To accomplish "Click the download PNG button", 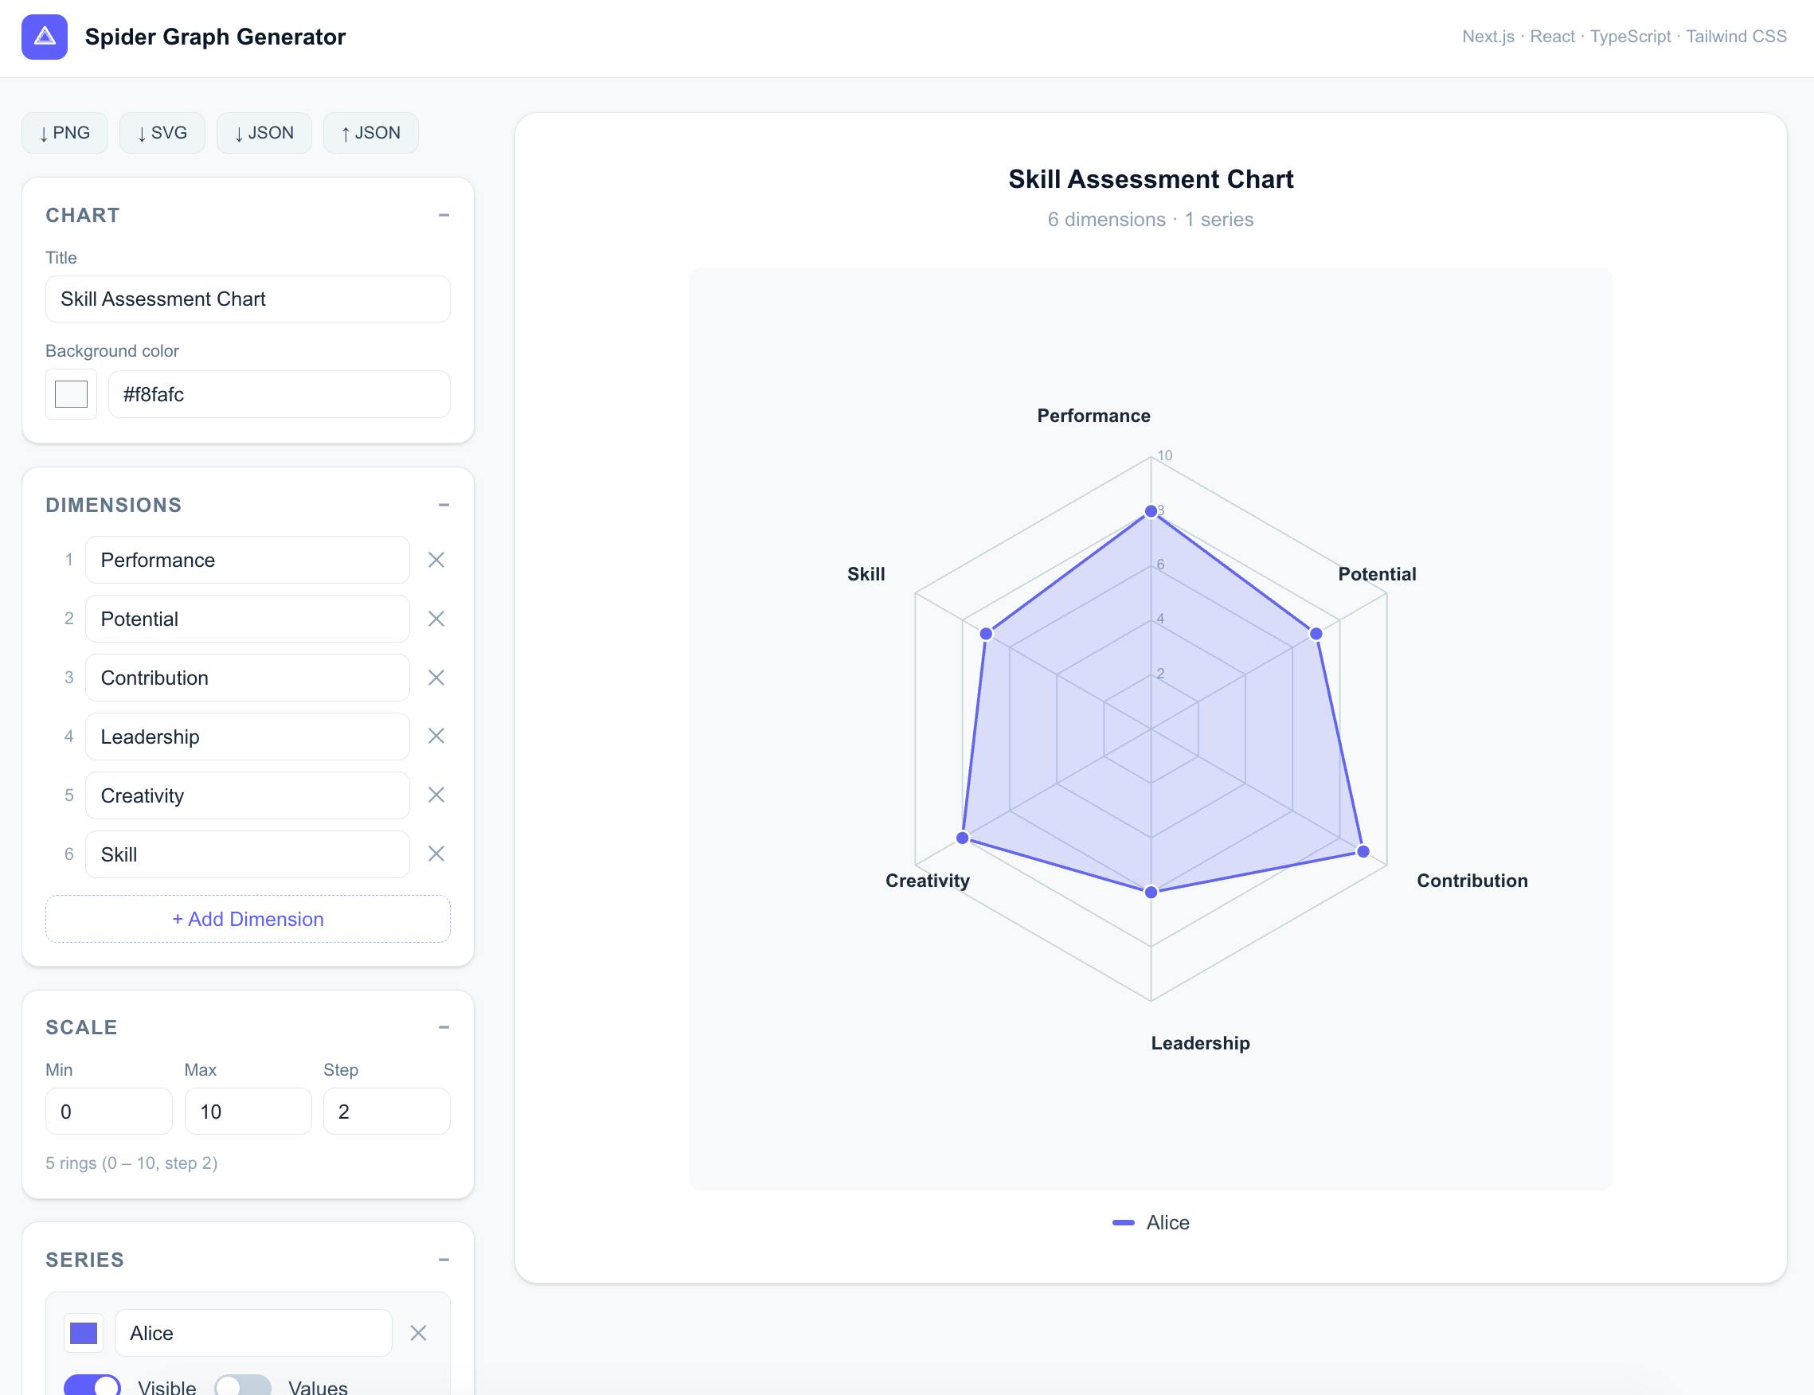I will (65, 133).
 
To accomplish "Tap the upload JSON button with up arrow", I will (370, 133).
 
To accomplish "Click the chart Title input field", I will (248, 299).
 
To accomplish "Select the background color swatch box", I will (72, 394).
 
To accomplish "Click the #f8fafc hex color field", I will (279, 394).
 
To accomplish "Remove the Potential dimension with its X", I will (436, 619).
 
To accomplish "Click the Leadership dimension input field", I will (248, 737).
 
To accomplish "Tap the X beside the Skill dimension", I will (436, 854).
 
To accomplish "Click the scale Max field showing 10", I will (248, 1112).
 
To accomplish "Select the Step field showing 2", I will (386, 1112).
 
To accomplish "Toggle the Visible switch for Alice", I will (92, 1385).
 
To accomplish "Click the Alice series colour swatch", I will (84, 1333).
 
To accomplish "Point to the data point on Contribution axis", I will (1363, 851).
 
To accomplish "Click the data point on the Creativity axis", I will (962, 838).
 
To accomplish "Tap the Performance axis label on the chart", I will (1093, 416).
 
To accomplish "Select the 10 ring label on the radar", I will (1165, 455).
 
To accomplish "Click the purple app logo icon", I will (45, 37).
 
